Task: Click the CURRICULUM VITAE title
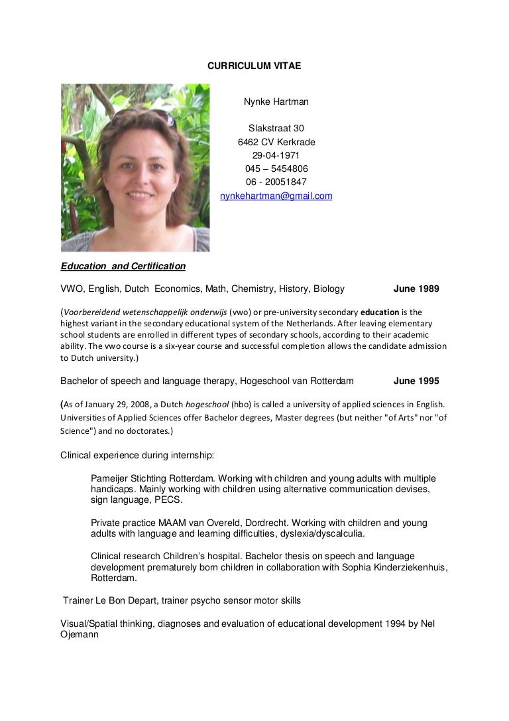pos(254,66)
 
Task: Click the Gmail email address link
pos(276,196)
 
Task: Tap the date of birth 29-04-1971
pos(276,155)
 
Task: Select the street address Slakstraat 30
pos(276,128)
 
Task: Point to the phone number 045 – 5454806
pos(276,168)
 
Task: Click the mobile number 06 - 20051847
pos(276,182)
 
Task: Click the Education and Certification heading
pos(123,266)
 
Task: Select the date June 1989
pos(416,289)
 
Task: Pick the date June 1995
pos(416,381)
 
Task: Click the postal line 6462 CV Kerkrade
pos(276,142)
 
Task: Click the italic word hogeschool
pos(204,403)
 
